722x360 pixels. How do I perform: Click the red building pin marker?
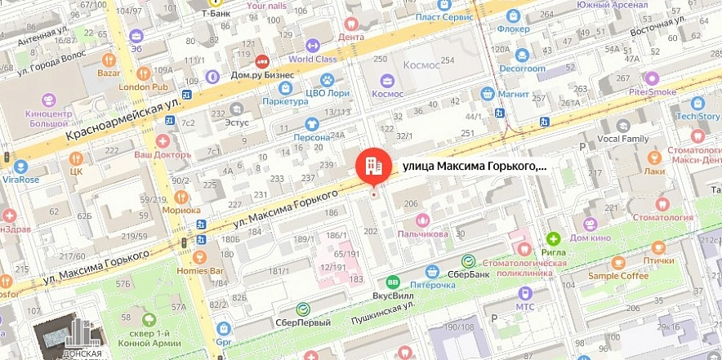[x=371, y=166]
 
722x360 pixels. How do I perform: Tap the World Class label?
[x=312, y=59]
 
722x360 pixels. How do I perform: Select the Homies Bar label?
[x=199, y=269]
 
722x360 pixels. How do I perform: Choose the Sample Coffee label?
[x=618, y=276]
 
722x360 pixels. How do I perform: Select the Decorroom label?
[x=523, y=69]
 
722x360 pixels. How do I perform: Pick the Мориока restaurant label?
[x=181, y=210]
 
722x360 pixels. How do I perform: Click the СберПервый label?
[x=304, y=322]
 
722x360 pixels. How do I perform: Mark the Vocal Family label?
[x=622, y=139]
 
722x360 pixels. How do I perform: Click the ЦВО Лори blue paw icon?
[x=327, y=81]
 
